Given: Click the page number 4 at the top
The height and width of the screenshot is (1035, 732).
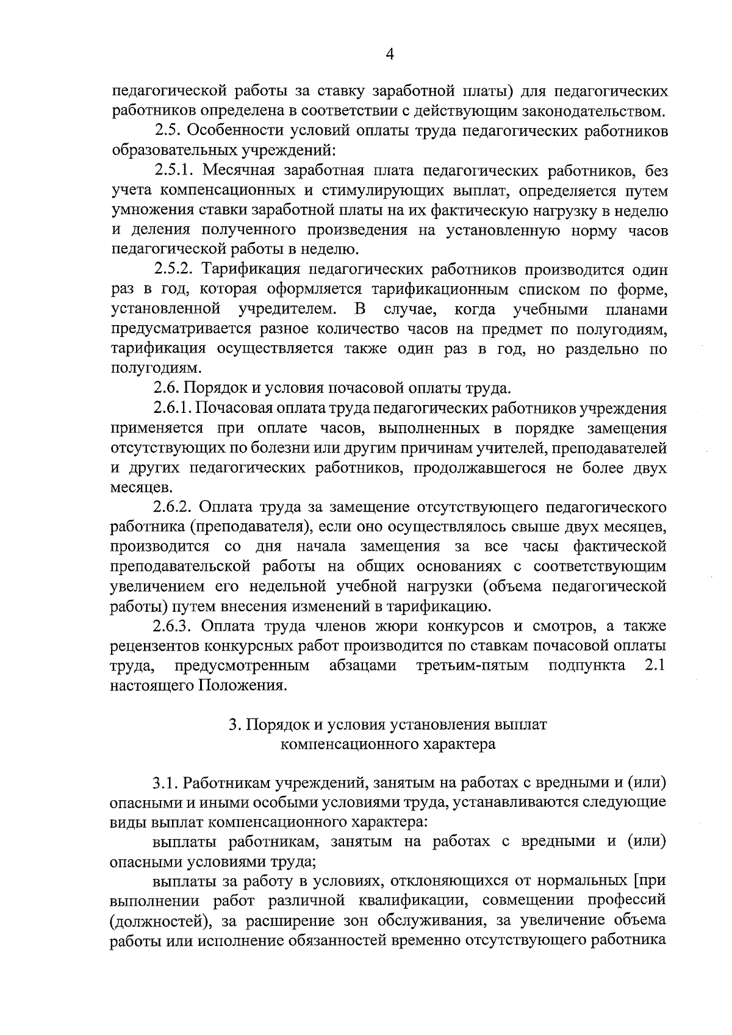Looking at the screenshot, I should coord(390,54).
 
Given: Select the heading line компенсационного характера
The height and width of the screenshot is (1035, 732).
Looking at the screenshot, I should coord(388,745).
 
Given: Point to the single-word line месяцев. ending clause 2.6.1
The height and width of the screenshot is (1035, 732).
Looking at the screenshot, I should coord(136,488).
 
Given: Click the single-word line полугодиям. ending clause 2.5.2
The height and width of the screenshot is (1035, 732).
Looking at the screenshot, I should coord(145,368).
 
